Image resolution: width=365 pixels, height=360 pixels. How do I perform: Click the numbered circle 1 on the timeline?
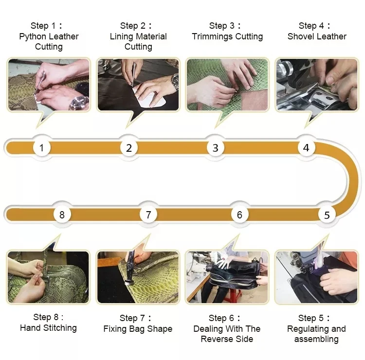coord(42,148)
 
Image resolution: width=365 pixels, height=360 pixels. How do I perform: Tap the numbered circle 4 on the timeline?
coord(306,148)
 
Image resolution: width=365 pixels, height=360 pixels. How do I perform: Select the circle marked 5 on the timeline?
coord(327,215)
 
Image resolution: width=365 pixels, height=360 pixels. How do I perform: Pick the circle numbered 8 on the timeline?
coord(62,215)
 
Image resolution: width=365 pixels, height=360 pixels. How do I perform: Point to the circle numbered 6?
coord(239,215)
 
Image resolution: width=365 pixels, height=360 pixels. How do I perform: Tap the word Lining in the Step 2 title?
coord(121,36)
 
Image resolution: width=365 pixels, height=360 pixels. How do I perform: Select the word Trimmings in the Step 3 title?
coord(212,36)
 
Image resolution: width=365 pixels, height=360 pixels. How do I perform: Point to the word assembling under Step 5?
coord(316,339)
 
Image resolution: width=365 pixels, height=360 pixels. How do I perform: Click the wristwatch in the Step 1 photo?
coord(79,102)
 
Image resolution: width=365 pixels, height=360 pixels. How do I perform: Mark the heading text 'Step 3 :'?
coord(225,26)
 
